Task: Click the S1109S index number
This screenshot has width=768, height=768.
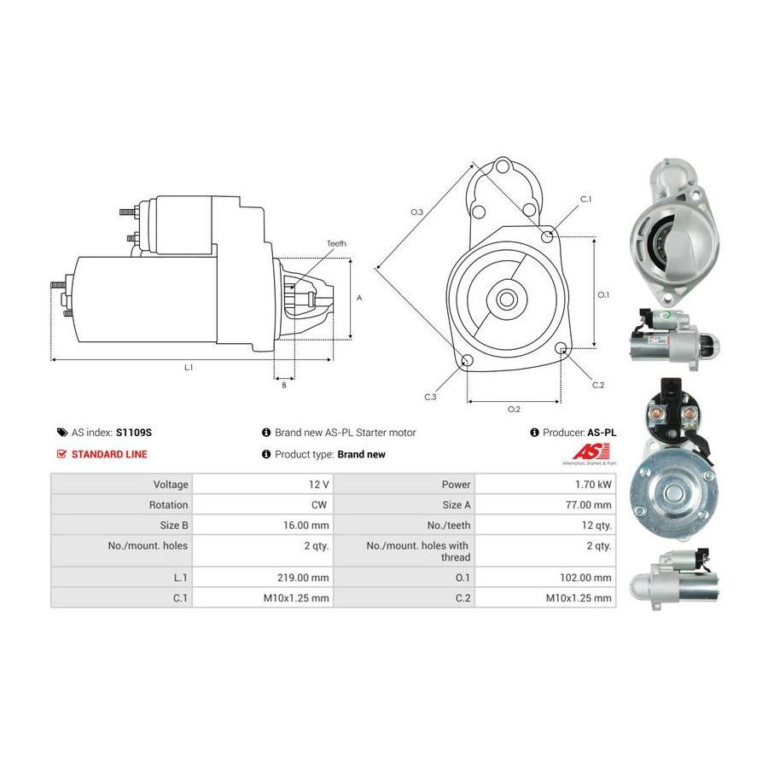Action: coord(134,433)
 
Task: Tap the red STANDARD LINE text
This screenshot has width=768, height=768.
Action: coord(109,454)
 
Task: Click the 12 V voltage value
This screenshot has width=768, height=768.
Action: coord(319,485)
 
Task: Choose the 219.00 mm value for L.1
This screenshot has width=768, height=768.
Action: coord(303,578)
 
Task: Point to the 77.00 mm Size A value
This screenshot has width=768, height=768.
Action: coord(588,505)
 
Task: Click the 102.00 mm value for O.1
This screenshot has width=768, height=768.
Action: coord(585,578)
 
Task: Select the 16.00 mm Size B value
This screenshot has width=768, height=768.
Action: coord(306,525)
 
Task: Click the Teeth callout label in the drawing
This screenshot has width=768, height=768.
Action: coord(336,243)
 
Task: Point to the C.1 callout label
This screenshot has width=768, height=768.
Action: coord(585,199)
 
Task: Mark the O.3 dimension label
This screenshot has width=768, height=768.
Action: coord(416,212)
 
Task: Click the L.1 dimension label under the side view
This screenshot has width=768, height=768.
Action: coord(189,367)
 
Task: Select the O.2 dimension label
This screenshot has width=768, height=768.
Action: coord(514,409)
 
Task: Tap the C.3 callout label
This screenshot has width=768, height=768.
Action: coord(430,397)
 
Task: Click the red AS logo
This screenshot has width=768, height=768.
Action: coord(591,451)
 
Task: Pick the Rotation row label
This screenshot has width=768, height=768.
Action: coord(168,505)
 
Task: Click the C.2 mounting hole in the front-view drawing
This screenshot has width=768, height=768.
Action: coord(561,348)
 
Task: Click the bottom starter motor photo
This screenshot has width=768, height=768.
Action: coord(673,579)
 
